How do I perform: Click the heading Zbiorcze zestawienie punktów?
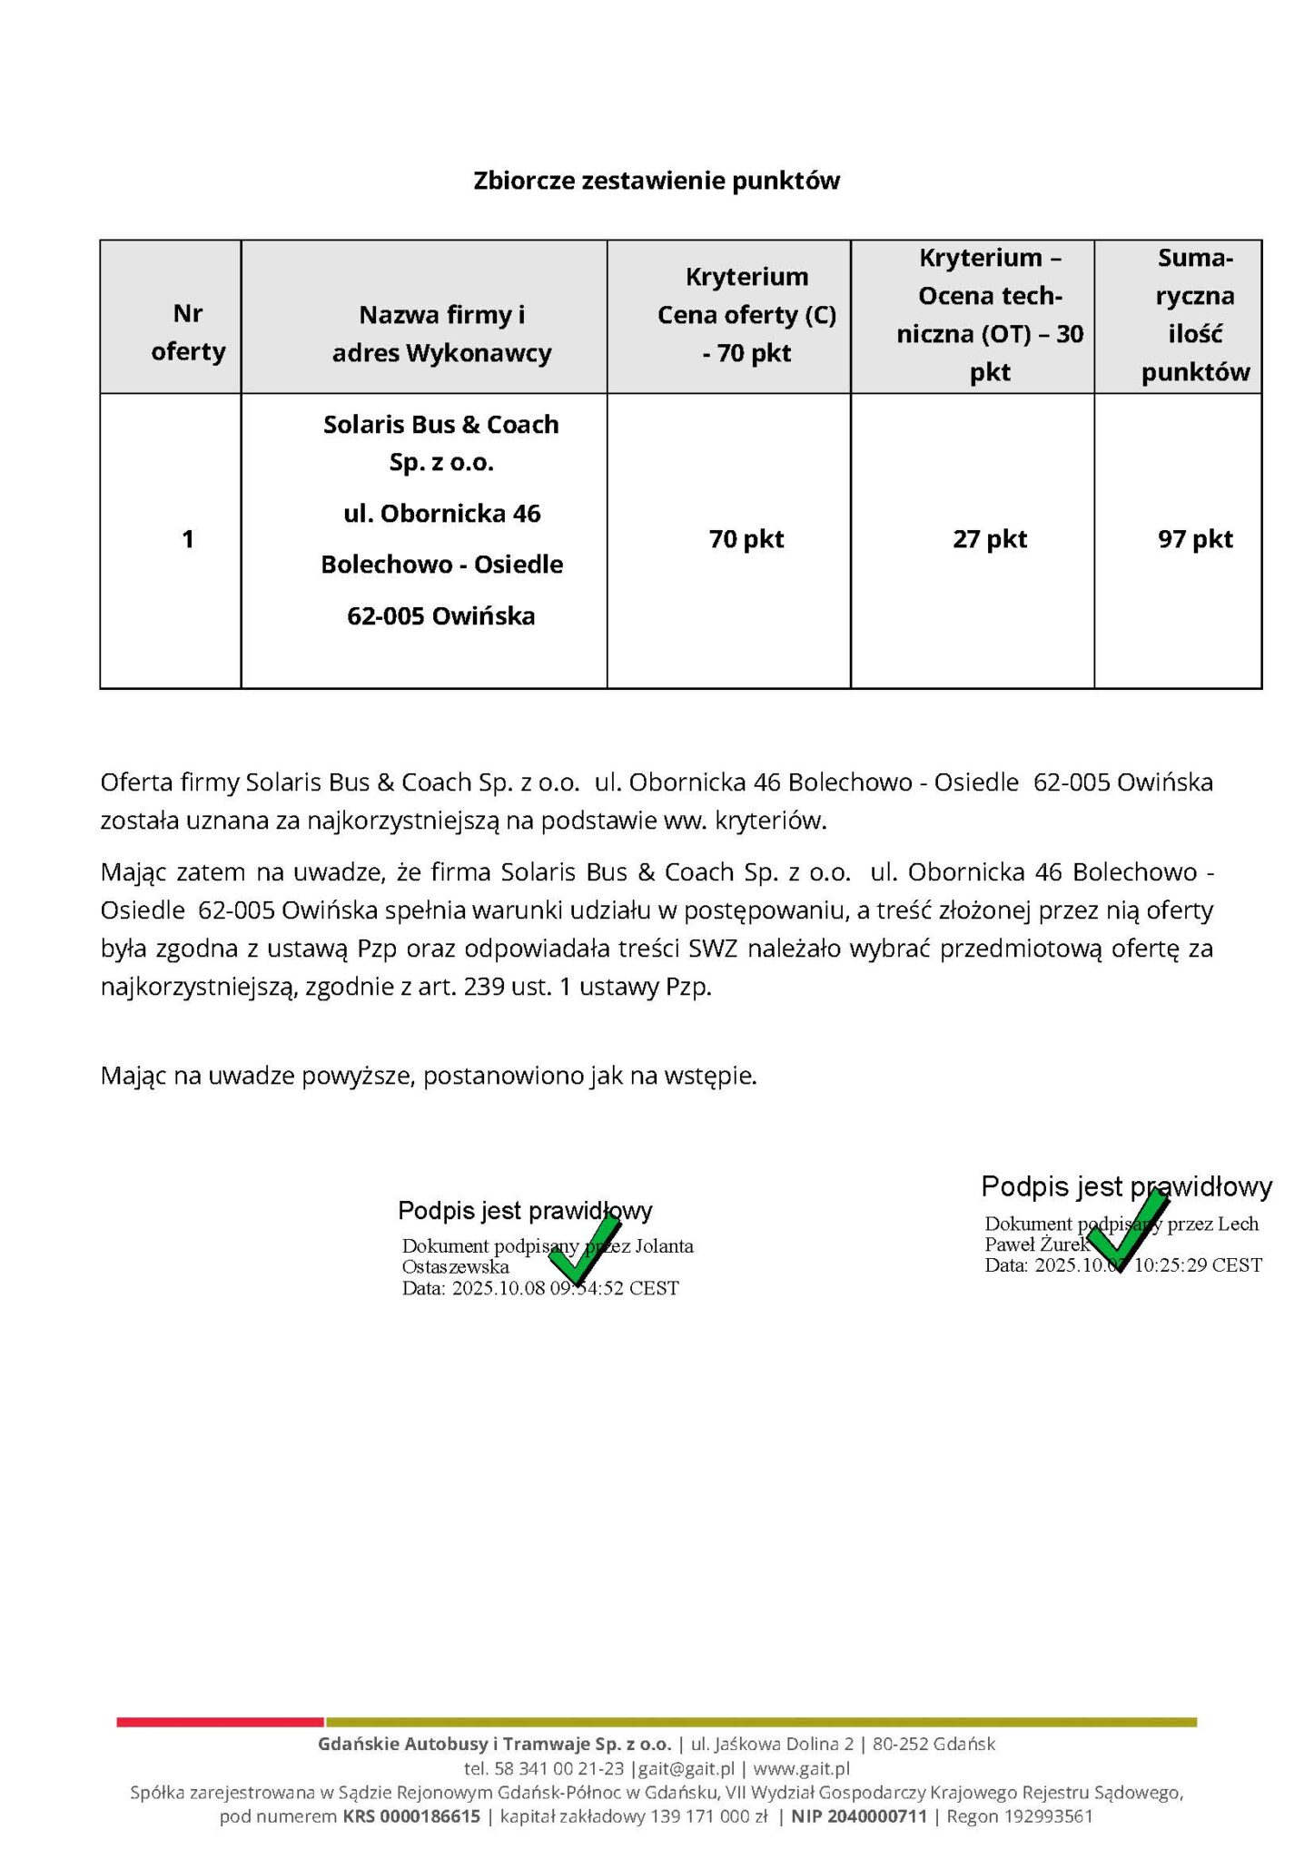(x=657, y=181)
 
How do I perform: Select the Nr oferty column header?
(x=188, y=332)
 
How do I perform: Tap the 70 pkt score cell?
(x=746, y=539)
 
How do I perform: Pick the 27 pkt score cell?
(x=990, y=539)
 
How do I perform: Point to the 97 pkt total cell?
(x=1195, y=539)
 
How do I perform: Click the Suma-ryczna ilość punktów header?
(x=1195, y=315)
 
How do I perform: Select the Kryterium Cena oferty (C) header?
(x=746, y=314)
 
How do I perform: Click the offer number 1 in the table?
(x=188, y=539)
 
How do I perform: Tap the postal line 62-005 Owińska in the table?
(x=441, y=616)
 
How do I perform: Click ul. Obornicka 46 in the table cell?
(x=441, y=514)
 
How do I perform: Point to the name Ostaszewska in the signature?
(x=455, y=1266)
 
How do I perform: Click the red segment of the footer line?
(x=220, y=1721)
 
